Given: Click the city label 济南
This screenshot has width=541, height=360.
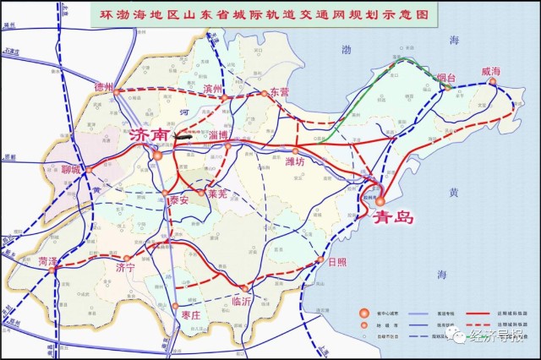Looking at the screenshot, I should point(150,134).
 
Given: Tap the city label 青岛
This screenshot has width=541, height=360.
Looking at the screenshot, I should point(394,217).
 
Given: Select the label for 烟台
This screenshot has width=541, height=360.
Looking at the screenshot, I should point(446,78).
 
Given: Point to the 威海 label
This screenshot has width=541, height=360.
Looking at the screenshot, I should point(491,71).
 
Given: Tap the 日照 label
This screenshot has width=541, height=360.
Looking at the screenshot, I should point(337,262).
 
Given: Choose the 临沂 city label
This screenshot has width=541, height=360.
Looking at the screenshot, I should point(242,300).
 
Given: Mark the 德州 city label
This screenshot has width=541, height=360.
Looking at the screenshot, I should point(102,87).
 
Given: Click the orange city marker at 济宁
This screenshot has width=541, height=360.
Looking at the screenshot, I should point(127,258).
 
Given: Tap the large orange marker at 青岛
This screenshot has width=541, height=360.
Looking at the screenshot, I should point(380,201).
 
